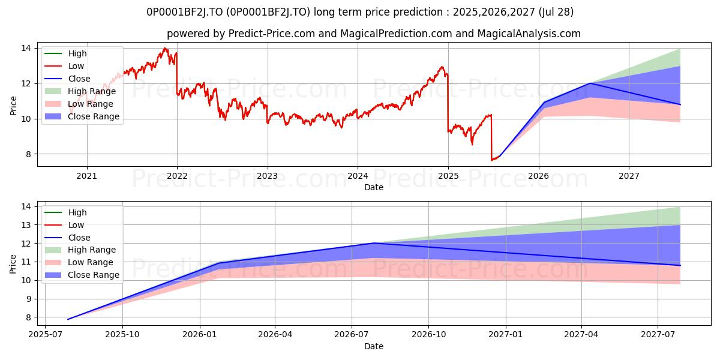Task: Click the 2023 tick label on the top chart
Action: pyautogui.click(x=268, y=176)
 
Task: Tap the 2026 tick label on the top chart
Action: pyautogui.click(x=539, y=176)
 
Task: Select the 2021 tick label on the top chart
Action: pyautogui.click(x=87, y=176)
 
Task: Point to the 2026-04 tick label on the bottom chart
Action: pyautogui.click(x=275, y=335)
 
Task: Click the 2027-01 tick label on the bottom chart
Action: pyautogui.click(x=506, y=335)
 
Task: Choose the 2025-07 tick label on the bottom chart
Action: pyautogui.click(x=45, y=335)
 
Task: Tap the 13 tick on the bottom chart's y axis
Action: pyautogui.click(x=26, y=225)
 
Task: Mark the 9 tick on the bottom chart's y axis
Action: pyautogui.click(x=28, y=299)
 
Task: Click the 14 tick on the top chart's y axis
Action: pyautogui.click(x=26, y=48)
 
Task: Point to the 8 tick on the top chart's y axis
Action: pyautogui.click(x=28, y=154)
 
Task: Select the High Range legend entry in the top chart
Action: pyautogui.click(x=80, y=91)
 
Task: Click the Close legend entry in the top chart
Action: pyautogui.click(x=67, y=79)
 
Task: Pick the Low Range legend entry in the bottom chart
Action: pyautogui.click(x=79, y=262)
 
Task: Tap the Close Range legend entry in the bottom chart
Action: pyautogui.click(x=82, y=275)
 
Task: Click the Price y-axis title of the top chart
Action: pyautogui.click(x=13, y=106)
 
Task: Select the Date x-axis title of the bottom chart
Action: pyautogui.click(x=373, y=346)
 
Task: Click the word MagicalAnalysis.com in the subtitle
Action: pyautogui.click(x=529, y=34)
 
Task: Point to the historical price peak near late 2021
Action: pyautogui.click(x=165, y=48)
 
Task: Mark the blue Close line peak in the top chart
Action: pyautogui.click(x=590, y=83)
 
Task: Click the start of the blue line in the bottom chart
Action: pyautogui.click(x=68, y=319)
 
